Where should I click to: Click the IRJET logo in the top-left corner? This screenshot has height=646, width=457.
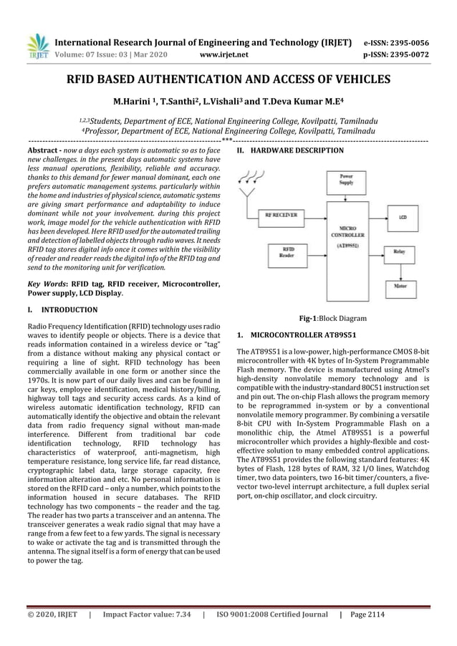click(37, 45)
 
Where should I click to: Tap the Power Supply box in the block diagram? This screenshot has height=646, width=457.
click(346, 180)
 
